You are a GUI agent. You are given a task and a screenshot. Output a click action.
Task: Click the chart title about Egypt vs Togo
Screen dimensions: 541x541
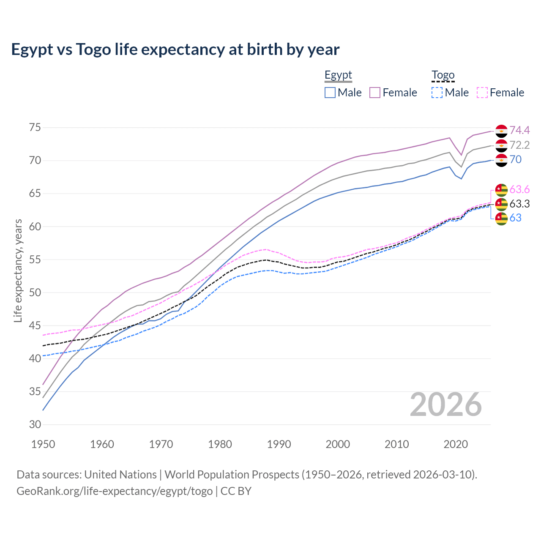(x=175, y=49)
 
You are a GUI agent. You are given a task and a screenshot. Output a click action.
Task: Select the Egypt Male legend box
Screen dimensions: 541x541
(x=330, y=93)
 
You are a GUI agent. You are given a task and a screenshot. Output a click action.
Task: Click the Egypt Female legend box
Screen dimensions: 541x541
(x=375, y=93)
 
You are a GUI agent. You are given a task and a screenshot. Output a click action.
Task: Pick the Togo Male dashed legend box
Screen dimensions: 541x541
(x=437, y=93)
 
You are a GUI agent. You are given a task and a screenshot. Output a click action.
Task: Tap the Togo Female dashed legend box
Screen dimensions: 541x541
(x=482, y=93)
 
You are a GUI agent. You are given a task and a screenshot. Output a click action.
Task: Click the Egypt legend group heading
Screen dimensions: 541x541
(x=338, y=75)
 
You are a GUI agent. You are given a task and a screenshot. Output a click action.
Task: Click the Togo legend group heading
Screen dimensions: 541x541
(x=443, y=75)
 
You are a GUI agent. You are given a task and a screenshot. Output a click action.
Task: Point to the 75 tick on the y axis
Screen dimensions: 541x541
(x=35, y=128)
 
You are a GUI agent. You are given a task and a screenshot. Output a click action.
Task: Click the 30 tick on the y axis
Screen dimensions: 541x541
(x=35, y=425)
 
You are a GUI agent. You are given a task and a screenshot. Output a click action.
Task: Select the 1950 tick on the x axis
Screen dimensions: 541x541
(x=43, y=444)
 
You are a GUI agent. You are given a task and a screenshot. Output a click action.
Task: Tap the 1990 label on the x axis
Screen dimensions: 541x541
(x=279, y=444)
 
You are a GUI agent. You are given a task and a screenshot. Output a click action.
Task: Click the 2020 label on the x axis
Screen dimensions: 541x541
(x=456, y=444)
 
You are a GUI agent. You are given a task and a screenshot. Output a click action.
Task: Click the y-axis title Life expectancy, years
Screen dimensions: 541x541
(x=18, y=270)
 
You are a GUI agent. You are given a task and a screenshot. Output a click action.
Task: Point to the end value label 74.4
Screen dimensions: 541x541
(x=519, y=130)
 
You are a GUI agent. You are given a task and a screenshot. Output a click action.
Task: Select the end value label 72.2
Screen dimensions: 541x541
(x=519, y=145)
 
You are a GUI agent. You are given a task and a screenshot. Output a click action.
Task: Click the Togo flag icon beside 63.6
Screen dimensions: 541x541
(x=501, y=190)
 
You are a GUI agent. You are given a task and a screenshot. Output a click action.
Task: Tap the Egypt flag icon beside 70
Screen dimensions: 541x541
(x=501, y=160)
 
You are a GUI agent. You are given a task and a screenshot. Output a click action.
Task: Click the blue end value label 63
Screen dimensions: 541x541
(x=516, y=218)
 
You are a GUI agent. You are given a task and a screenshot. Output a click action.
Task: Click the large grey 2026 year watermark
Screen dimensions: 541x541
(x=446, y=404)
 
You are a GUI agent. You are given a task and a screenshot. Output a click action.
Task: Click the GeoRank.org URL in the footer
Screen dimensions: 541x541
(x=115, y=491)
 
